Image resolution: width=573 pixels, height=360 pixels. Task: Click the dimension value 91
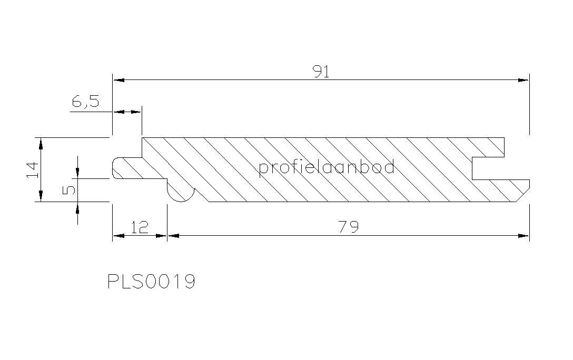pyautogui.click(x=322, y=72)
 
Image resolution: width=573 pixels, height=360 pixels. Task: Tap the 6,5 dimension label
pyautogui.click(x=85, y=101)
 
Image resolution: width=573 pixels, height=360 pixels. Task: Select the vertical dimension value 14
pyautogui.click(x=33, y=170)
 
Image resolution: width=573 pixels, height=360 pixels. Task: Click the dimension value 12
pyautogui.click(x=140, y=227)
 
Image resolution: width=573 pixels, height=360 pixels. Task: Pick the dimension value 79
pyautogui.click(x=349, y=227)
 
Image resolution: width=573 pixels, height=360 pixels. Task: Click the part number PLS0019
pyautogui.click(x=151, y=282)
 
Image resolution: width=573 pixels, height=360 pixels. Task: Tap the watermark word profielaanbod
pyautogui.click(x=327, y=167)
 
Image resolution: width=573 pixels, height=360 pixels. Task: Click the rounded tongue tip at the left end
pyautogui.click(x=116, y=168)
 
